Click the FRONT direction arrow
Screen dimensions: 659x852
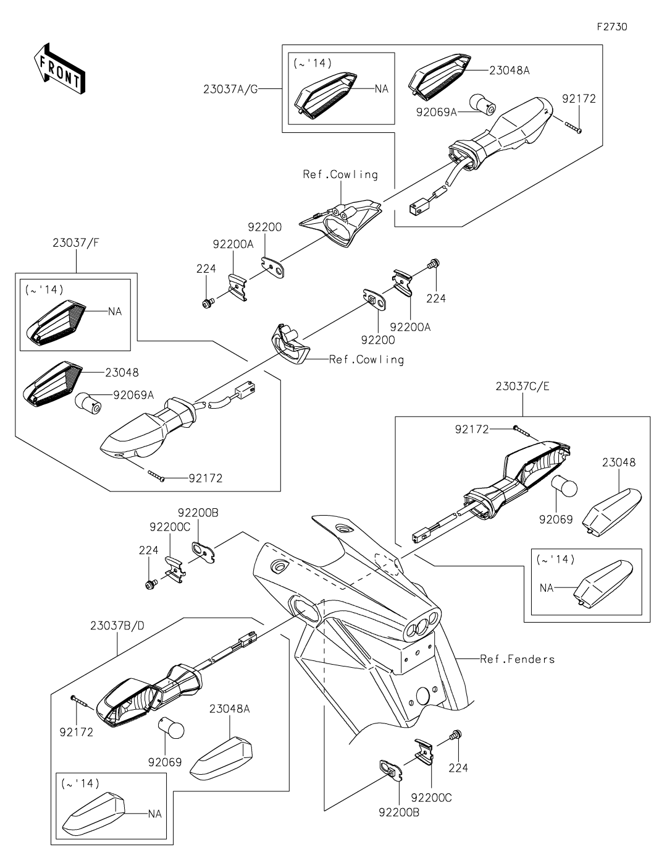pyautogui.click(x=59, y=69)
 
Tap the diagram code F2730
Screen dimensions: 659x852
pyautogui.click(x=612, y=27)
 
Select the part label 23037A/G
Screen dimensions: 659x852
pyautogui.click(x=230, y=90)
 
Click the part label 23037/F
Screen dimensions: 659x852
pyautogui.click(x=76, y=243)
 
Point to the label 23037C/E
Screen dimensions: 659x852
pyautogui.click(x=523, y=386)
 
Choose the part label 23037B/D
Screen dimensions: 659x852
pyautogui.click(x=117, y=626)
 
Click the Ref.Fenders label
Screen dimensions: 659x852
pyautogui.click(x=517, y=659)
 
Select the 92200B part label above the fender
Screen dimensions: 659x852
pyautogui.click(x=198, y=513)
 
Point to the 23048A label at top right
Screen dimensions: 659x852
pyautogui.click(x=510, y=70)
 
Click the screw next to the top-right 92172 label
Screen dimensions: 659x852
pyautogui.click(x=573, y=128)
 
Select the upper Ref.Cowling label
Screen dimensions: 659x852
pyautogui.click(x=340, y=174)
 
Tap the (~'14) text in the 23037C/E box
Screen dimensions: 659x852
pyautogui.click(x=555, y=560)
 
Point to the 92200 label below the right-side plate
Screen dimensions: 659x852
pyautogui.click(x=378, y=340)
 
